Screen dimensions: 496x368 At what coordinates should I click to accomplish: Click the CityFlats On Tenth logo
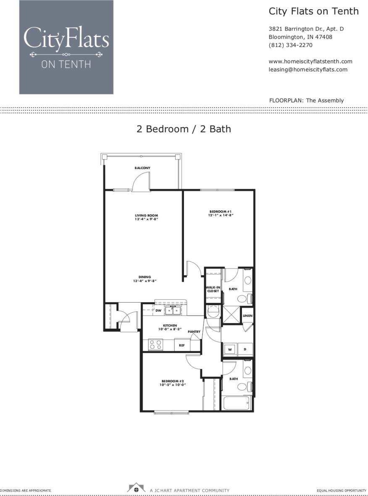point(66,47)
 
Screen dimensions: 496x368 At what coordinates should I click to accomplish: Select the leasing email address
point(308,70)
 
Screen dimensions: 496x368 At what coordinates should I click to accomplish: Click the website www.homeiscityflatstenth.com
point(310,61)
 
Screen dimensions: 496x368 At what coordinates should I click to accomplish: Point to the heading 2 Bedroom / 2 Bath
point(184,129)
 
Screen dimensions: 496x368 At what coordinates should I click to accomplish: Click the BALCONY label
point(142,168)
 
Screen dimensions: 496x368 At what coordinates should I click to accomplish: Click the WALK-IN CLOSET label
point(213,289)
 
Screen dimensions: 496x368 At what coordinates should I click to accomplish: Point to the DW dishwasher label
point(158,311)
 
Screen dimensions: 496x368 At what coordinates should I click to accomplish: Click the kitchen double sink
point(173,311)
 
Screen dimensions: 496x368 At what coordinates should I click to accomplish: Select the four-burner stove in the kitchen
point(155,345)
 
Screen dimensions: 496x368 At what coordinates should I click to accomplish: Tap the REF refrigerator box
point(182,345)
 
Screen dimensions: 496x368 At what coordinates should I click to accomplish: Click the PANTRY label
point(194,332)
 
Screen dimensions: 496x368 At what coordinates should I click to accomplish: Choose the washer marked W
point(230,349)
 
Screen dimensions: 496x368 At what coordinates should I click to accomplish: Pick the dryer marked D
point(245,349)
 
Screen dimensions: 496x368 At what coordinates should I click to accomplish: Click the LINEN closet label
point(247,316)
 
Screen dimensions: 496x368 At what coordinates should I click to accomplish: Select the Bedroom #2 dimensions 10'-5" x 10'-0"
point(172,385)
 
